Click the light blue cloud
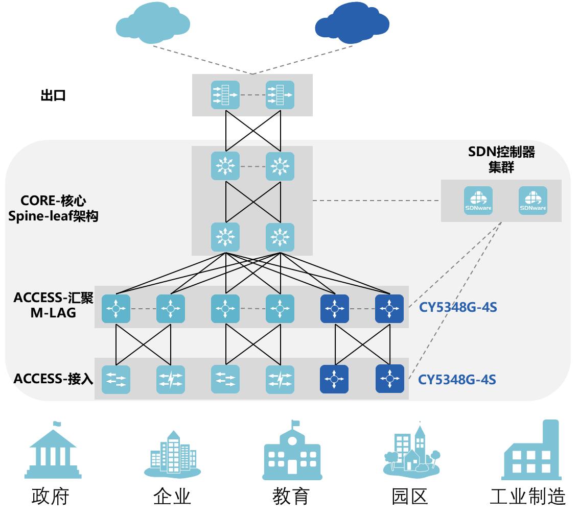pyautogui.click(x=153, y=24)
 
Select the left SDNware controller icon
pyautogui.click(x=478, y=201)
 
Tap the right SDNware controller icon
pyautogui.click(x=533, y=201)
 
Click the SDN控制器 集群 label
pyautogui.click(x=501, y=159)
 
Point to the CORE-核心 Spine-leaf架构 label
pyautogui.click(x=53, y=208)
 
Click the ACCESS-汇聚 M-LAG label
pyautogui.click(x=53, y=305)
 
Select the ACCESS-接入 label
pyautogui.click(x=53, y=379)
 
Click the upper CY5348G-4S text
pyautogui.click(x=458, y=308)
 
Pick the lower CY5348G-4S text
pyautogui.click(x=457, y=380)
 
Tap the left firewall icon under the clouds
pyautogui.click(x=225, y=95)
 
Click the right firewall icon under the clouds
pyautogui.click(x=280, y=95)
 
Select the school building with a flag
pyautogui.click(x=292, y=453)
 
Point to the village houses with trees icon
pyautogui.click(x=411, y=452)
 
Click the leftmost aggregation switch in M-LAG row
pyautogui.click(x=116, y=309)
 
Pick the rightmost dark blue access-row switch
pyautogui.click(x=390, y=379)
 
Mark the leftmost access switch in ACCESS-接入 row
pyautogui.click(x=116, y=379)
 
